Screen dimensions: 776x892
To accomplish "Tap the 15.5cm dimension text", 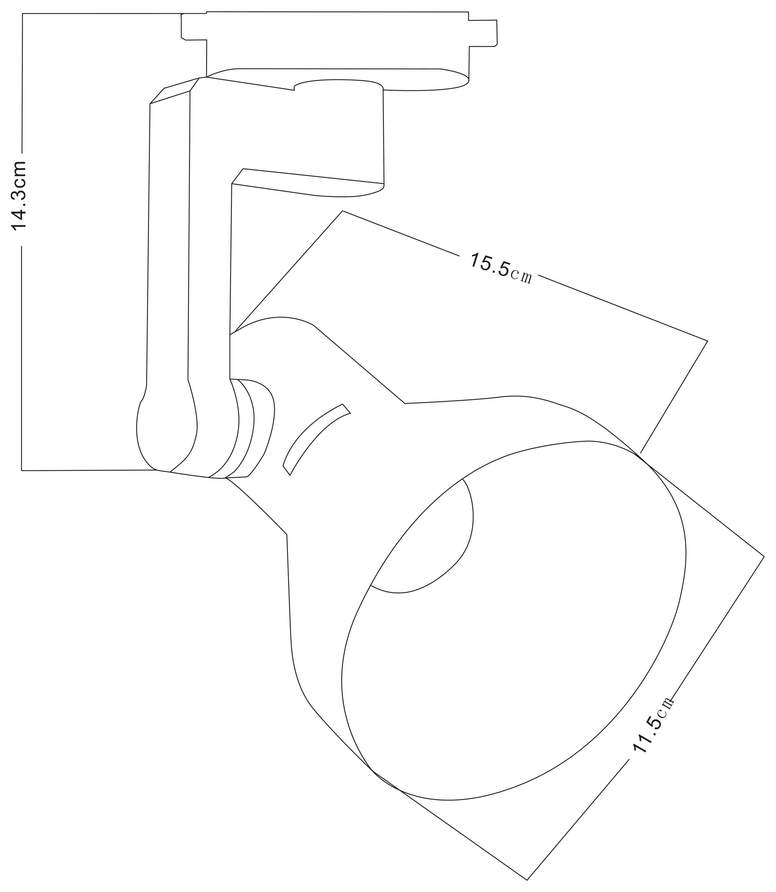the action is (501, 268).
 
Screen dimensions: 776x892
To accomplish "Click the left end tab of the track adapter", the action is (194, 27).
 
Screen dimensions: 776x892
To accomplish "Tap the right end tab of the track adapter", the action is (483, 33).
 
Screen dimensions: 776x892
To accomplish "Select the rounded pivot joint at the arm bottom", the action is (167, 433).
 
